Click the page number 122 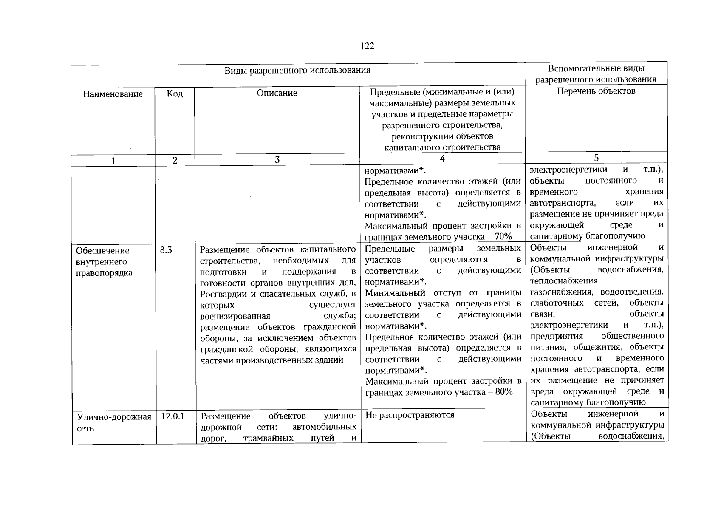click(367, 46)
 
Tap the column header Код click(175, 93)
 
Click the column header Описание click(277, 93)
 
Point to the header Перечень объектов click(596, 91)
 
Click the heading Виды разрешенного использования click(297, 71)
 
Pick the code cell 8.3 click(166, 250)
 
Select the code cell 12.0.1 click(172, 416)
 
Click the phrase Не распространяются click(410, 415)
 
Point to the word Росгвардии click(222, 294)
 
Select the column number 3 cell click(277, 160)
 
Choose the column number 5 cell click(596, 158)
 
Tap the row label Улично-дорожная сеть click(113, 422)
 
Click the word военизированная click(235, 316)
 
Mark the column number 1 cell click(113, 161)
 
